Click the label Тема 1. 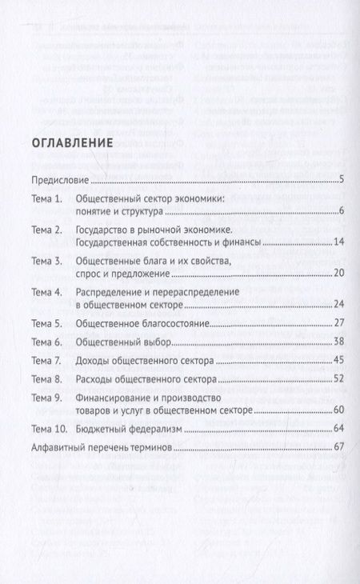click(x=46, y=199)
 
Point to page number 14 click(x=338, y=242)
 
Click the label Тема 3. click(x=46, y=262)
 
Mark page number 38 click(x=338, y=342)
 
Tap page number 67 click(x=338, y=447)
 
